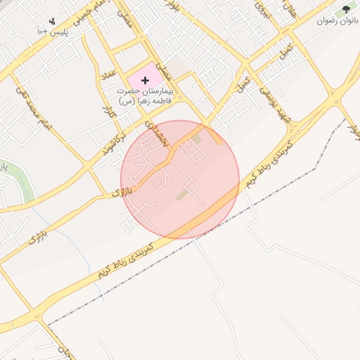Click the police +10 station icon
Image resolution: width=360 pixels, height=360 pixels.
click(52, 21)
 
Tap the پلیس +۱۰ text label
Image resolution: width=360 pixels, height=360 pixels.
click(53, 32)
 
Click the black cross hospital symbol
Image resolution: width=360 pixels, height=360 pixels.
click(146, 81)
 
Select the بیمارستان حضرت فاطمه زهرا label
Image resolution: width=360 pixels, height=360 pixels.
click(146, 96)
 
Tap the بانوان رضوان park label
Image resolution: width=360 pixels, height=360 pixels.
click(338, 22)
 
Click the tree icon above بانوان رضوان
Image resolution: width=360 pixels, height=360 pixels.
click(346, 9)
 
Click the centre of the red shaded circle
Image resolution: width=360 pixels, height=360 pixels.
click(180, 179)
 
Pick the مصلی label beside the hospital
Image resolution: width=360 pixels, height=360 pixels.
click(163, 71)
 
